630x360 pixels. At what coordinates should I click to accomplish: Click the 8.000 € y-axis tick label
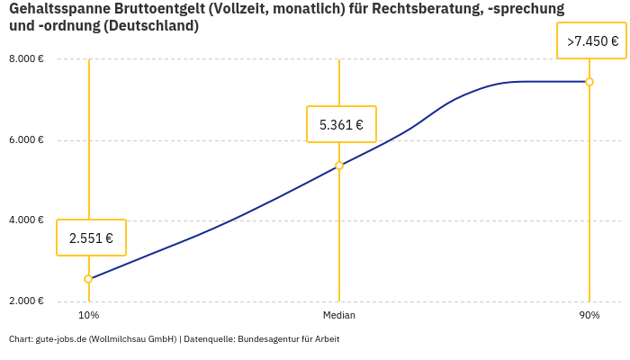click(26, 59)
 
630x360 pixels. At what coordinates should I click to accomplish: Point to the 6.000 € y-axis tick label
click(26, 140)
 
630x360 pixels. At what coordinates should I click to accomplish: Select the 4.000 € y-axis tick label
click(26, 220)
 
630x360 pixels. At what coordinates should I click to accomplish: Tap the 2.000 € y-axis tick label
click(26, 301)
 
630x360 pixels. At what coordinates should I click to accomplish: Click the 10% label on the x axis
click(88, 316)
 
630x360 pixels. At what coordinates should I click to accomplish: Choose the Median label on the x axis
click(339, 316)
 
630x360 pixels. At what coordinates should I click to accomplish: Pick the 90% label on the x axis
click(589, 316)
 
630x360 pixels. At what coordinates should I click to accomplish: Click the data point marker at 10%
click(88, 279)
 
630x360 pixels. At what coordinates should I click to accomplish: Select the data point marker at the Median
click(339, 166)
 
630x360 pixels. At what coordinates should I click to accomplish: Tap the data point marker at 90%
click(589, 82)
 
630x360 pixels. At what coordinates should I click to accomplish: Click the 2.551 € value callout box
click(91, 238)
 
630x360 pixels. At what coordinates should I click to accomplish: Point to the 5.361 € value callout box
click(341, 124)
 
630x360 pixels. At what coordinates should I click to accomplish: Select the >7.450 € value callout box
click(591, 41)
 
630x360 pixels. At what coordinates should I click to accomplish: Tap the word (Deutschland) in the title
click(150, 26)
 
